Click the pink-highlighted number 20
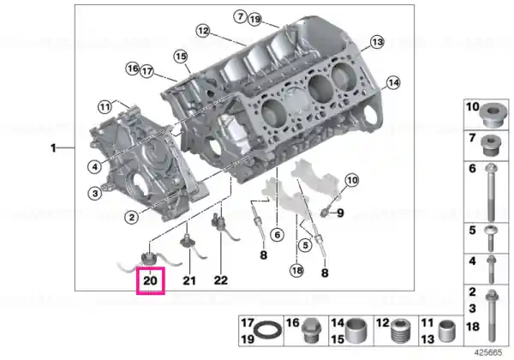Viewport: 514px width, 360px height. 151,280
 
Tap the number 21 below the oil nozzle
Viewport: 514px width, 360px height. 189,280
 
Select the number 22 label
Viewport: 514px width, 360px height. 221,280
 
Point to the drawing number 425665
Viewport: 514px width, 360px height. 488,352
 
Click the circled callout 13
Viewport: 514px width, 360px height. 377,42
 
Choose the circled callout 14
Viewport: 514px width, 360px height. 393,82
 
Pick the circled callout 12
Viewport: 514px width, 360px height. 203,31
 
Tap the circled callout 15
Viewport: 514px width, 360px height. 181,57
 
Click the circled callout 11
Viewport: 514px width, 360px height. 105,107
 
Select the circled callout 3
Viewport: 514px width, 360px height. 95,193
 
